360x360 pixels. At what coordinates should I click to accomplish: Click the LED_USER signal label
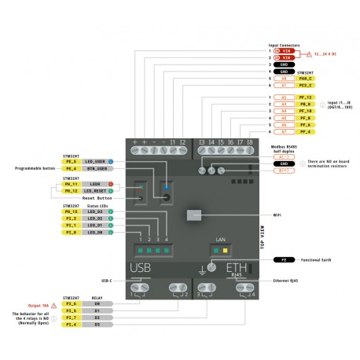point(96,160)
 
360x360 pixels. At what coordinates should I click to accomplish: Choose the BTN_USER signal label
point(96,168)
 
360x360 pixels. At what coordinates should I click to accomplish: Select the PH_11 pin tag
point(72,184)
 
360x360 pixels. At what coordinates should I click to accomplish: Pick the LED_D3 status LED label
point(96,211)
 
